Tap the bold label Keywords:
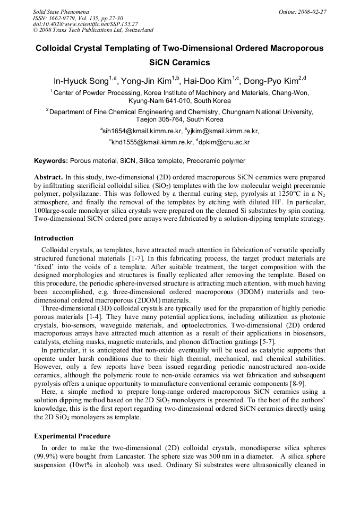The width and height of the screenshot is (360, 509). point(51,160)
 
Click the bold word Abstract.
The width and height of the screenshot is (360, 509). point(48,176)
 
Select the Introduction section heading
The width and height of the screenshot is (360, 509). point(54,238)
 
